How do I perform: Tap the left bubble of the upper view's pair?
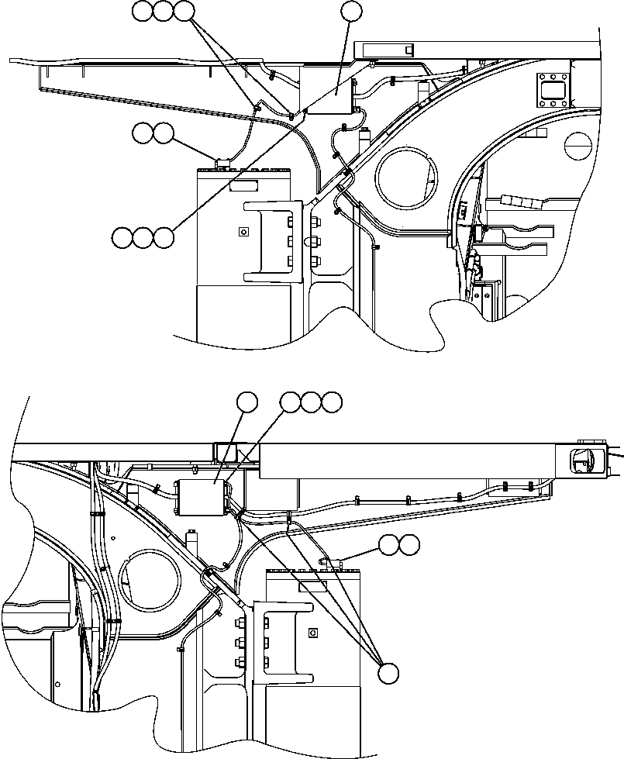[142, 133]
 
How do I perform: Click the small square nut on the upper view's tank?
[243, 231]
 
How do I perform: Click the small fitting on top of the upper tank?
[223, 162]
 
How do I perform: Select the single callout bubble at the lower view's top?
[247, 402]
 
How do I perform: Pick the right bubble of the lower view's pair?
[410, 545]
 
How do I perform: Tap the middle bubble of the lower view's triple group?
[311, 402]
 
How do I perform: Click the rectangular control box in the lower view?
[204, 496]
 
